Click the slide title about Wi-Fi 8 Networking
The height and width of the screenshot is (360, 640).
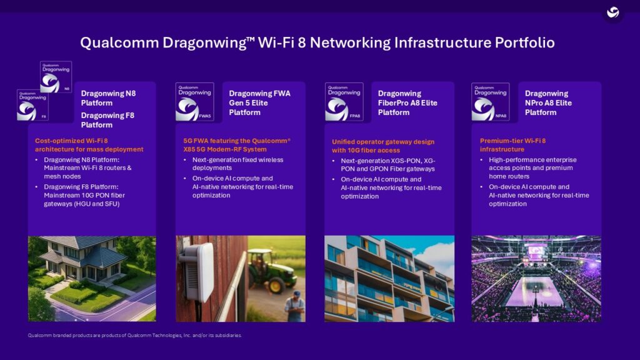click(x=317, y=43)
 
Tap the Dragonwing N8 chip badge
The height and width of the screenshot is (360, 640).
click(x=56, y=77)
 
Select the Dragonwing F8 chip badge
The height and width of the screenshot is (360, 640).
click(x=32, y=105)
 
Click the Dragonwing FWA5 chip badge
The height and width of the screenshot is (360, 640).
click(x=194, y=102)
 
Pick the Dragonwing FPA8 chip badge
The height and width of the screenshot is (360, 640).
click(x=344, y=102)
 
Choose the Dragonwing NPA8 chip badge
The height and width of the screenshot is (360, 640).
click(x=491, y=102)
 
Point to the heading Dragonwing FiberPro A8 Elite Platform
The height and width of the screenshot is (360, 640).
click(x=407, y=103)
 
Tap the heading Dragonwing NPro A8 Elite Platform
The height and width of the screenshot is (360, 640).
click(x=548, y=103)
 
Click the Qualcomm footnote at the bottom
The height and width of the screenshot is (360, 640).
click(x=134, y=336)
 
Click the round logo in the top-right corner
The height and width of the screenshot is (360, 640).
click(x=613, y=12)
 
